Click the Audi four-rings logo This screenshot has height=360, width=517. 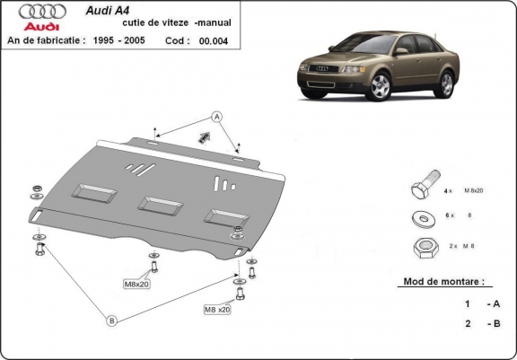point(43,11)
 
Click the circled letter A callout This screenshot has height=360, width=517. point(216,116)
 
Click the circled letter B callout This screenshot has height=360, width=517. point(112,320)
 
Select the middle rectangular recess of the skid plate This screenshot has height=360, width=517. point(160,205)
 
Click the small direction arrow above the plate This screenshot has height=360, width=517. point(204,137)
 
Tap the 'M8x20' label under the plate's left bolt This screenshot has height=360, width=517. point(137,285)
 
